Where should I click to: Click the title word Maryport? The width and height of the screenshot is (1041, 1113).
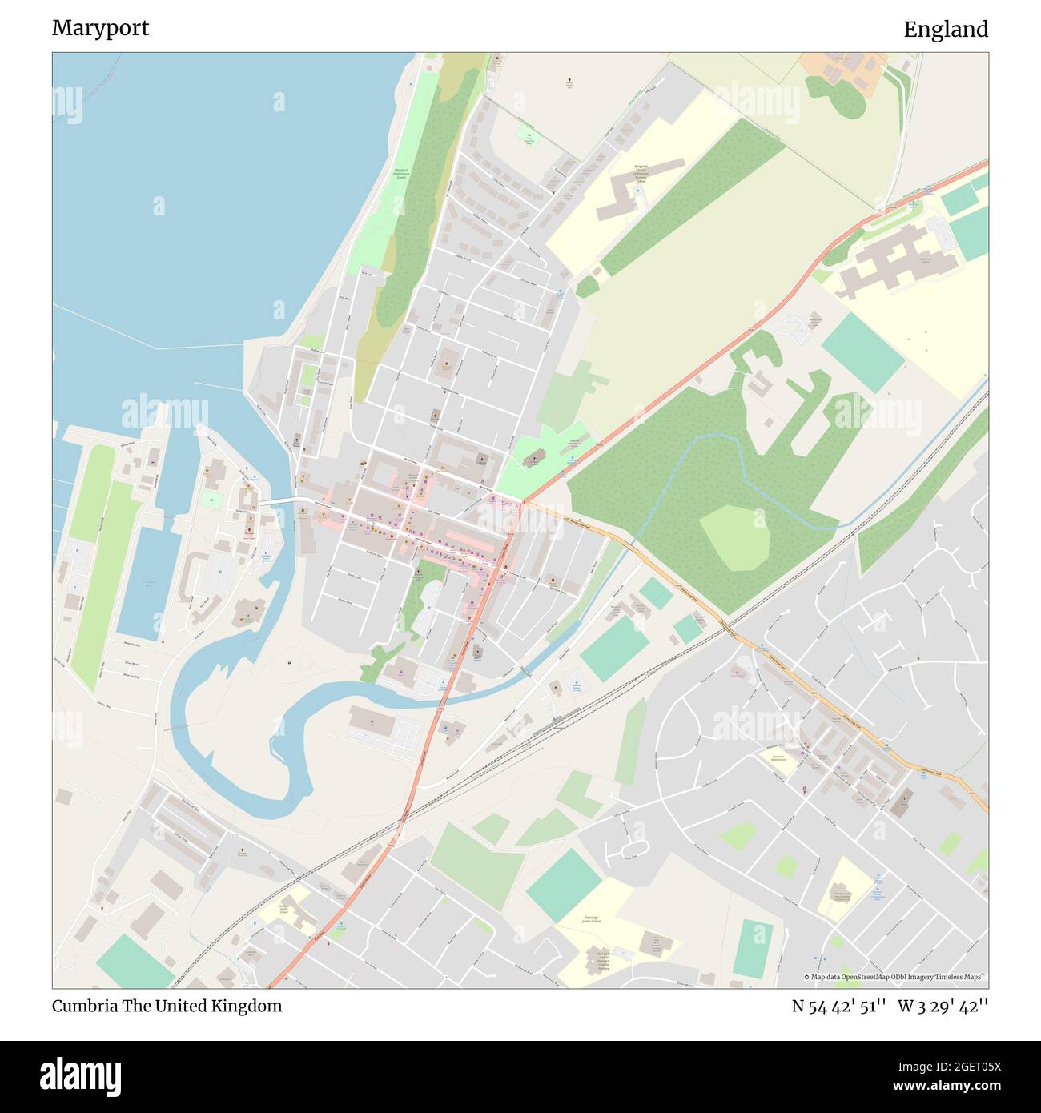(100, 28)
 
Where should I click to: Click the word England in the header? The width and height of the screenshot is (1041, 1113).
(945, 30)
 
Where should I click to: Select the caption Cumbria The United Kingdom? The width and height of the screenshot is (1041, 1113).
(167, 1006)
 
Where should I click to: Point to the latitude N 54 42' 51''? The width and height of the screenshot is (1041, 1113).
(838, 1006)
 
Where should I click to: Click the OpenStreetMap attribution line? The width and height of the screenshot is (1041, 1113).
(895, 977)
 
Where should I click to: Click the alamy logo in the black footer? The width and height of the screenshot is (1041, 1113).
(80, 1076)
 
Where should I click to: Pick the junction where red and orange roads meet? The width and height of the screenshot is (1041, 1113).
(521, 503)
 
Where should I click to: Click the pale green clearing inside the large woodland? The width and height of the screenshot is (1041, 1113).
(734, 537)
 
